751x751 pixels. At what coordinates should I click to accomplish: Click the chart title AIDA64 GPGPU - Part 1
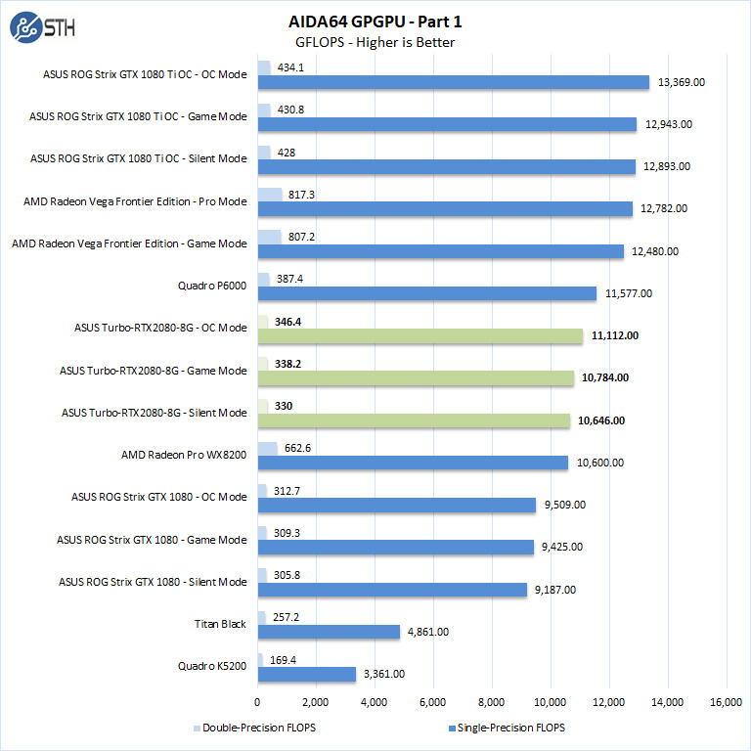(375, 20)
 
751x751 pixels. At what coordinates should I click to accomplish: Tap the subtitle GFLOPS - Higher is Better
(375, 42)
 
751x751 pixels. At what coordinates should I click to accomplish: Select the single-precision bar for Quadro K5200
(306, 674)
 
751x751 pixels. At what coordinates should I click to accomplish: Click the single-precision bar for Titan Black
(329, 632)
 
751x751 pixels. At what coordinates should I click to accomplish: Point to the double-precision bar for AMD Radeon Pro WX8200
(267, 449)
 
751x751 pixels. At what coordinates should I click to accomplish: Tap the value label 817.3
(302, 194)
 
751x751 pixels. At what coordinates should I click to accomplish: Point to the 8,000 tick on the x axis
(491, 701)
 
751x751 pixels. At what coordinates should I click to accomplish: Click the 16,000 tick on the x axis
(726, 701)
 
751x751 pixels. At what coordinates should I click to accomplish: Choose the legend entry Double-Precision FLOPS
(255, 728)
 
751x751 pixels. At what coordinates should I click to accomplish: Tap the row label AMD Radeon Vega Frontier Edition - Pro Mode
(135, 201)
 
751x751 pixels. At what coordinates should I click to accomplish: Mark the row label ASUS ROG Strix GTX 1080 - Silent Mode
(153, 582)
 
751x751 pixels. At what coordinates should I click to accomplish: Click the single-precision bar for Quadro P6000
(426, 293)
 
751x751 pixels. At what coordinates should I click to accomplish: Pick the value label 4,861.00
(427, 632)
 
